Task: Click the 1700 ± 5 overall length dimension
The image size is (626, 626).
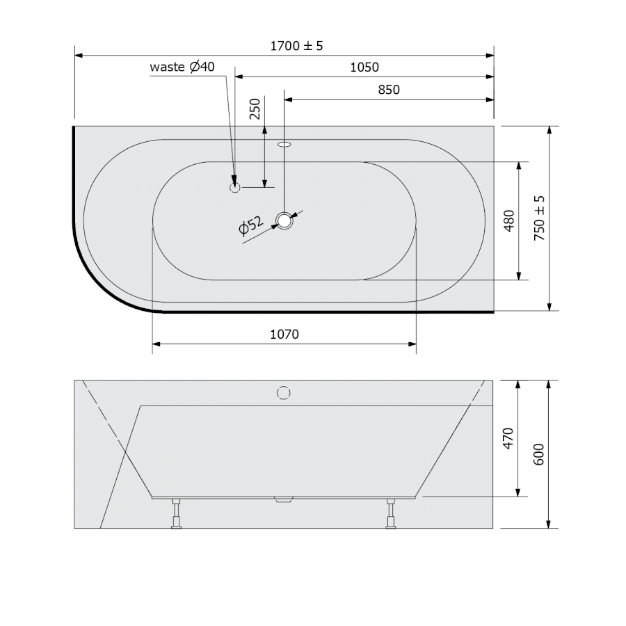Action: tap(296, 46)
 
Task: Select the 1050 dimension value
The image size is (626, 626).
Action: tap(364, 67)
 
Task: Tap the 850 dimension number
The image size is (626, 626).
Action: tap(388, 90)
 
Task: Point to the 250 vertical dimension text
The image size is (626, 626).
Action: tap(255, 109)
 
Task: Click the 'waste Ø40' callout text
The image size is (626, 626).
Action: tap(182, 67)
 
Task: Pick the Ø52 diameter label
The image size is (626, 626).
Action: tap(250, 225)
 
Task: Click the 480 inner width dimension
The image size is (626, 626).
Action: tap(509, 220)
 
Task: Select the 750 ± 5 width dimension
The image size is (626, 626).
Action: tap(539, 218)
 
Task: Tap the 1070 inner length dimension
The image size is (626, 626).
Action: tap(284, 334)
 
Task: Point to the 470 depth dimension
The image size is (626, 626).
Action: tap(508, 438)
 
